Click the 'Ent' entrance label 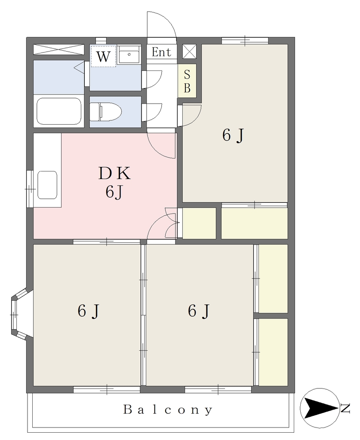coord(161,52)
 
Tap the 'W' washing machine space coord(103,56)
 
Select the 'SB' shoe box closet coord(187,81)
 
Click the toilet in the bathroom coord(106,112)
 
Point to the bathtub coord(59,111)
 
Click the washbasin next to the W coord(129,55)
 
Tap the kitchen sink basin coord(47,185)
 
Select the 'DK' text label coord(114,174)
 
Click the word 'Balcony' coord(168,410)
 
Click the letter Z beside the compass coord(345,408)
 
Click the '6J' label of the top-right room coord(233,135)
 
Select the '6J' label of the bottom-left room coord(88,311)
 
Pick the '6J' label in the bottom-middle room coord(199,311)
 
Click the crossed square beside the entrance coord(190,52)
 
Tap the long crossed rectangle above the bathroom coord(59,50)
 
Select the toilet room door coord(152,112)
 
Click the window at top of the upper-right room coord(245,41)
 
